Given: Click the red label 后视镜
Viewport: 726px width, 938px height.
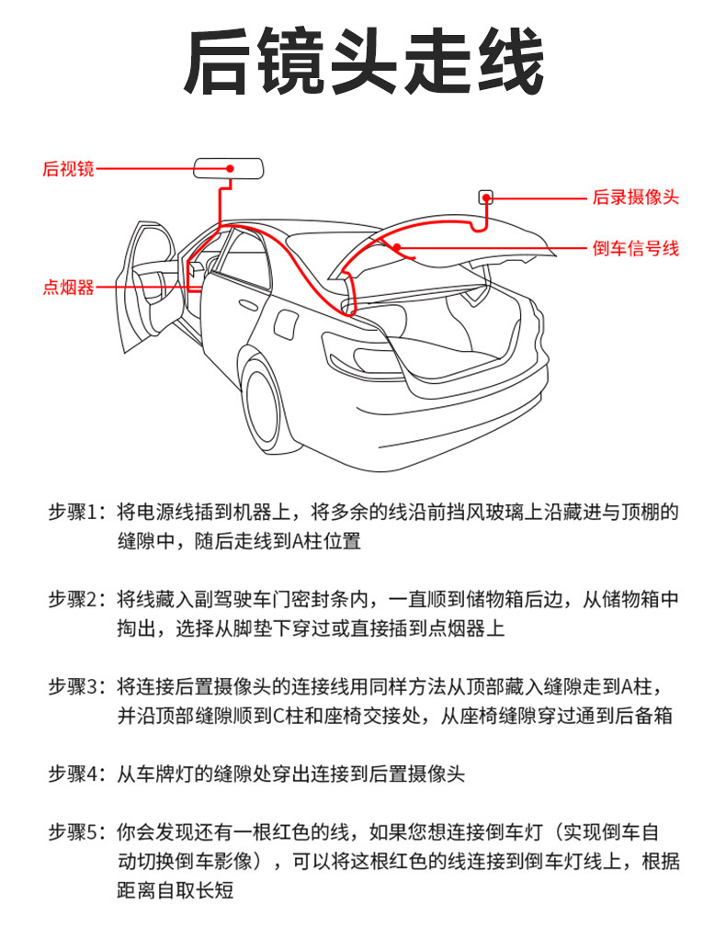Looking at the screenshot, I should coord(68,169).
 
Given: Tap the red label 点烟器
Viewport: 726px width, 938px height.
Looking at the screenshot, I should coord(68,288).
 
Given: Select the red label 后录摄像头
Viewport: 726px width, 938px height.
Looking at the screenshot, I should coord(635,198).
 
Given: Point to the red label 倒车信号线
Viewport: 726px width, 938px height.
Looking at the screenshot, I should coord(635,248).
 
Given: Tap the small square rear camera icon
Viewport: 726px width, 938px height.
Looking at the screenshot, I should coord(486,197).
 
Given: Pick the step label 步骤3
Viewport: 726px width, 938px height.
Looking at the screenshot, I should coord(78,687).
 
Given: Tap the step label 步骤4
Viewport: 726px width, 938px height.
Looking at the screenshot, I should coord(78,774).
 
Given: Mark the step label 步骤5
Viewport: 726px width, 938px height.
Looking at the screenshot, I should coord(78,833).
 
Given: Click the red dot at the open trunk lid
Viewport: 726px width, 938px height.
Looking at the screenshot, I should coord(397,246).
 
